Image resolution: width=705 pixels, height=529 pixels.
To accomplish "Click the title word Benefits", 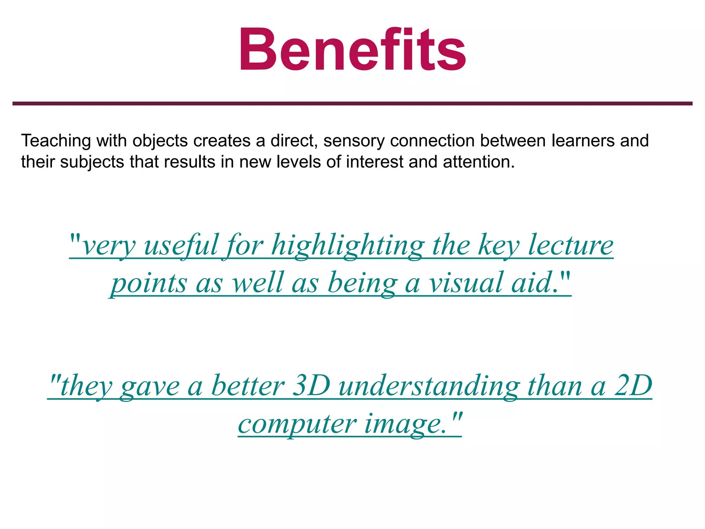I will pos(352,49).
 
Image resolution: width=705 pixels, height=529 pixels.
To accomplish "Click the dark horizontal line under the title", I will pos(352,103).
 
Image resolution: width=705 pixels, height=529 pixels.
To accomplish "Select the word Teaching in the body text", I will pos(56,141).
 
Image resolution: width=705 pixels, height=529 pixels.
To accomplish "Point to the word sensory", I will pos(354,141).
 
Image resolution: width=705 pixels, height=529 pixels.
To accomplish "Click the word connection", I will pos(432,141).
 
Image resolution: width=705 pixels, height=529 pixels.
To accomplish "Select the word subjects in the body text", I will pos(92,162).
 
